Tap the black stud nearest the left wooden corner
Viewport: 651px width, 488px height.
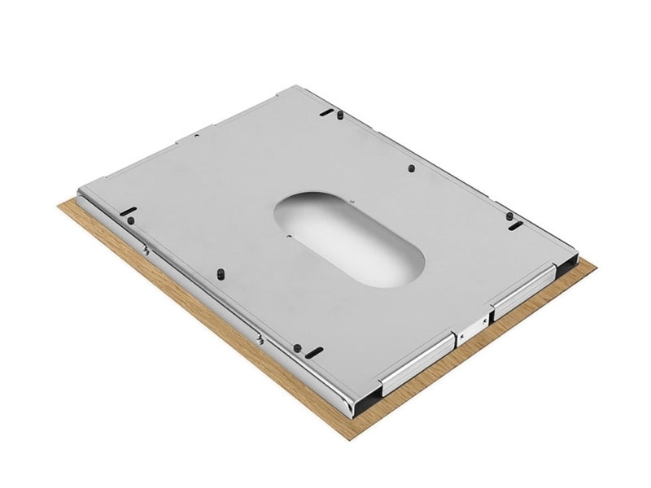click(x=128, y=218)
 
